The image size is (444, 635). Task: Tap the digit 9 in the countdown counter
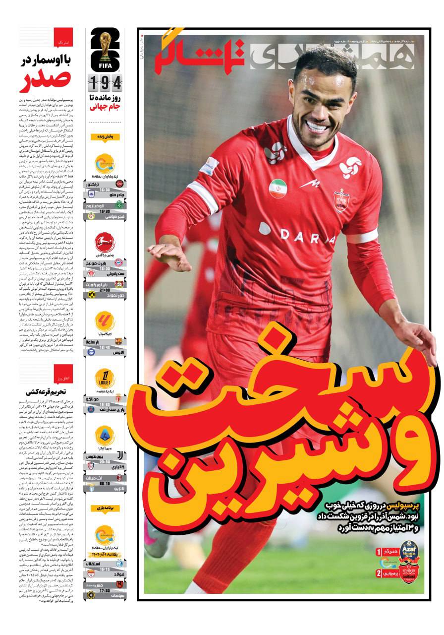106,82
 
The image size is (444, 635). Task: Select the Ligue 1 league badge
105,379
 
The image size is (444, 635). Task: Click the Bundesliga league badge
105,243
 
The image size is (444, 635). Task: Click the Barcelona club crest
118,341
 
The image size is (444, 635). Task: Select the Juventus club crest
119,455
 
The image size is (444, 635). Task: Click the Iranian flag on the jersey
278,188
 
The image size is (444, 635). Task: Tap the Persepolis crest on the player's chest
340,200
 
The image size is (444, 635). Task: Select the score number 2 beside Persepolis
379,573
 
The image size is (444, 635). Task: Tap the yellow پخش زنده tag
105,136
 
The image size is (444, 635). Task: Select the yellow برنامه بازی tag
105,508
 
